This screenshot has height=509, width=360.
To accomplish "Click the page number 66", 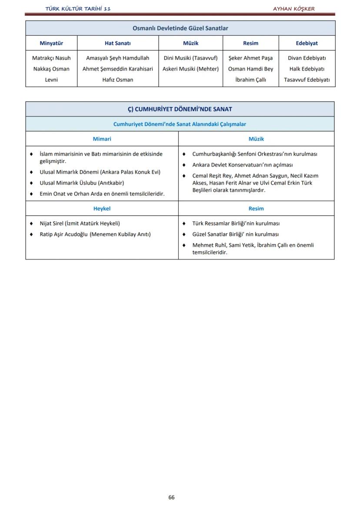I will pos(171,497).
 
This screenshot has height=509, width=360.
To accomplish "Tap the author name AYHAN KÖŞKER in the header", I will pos(293,9).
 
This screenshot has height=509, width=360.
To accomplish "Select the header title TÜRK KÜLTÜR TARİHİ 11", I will pos(78,9).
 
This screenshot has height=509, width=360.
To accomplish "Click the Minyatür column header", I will pos(51,43).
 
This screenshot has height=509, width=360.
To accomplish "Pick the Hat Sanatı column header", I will pos(117,43).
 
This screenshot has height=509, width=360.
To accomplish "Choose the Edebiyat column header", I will pos(307,43).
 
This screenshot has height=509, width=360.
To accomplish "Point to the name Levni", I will pos(51,80).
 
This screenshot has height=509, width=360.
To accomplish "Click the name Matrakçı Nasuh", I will pos(51,58).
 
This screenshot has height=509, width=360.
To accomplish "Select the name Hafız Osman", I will pos(117,80).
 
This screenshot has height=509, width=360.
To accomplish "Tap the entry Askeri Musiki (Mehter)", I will pos(190,69).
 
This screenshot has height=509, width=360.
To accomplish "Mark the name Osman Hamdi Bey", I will pos(250,69).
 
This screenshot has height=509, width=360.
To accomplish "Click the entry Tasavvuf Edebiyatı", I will pos(307,80).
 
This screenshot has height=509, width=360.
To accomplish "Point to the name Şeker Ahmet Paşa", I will pos(250,58).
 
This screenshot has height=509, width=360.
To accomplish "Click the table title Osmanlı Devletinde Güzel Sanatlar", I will pos(180,28).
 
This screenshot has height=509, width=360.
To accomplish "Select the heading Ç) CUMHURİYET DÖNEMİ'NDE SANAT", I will pos(180,109).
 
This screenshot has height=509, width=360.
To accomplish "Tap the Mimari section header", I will pos(102,139).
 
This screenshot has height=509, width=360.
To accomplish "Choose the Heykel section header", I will pos(102,208).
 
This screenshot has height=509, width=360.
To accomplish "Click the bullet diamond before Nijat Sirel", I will pos(31,223).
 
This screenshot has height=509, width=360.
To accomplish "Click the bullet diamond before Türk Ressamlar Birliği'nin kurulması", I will pos(184,223).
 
